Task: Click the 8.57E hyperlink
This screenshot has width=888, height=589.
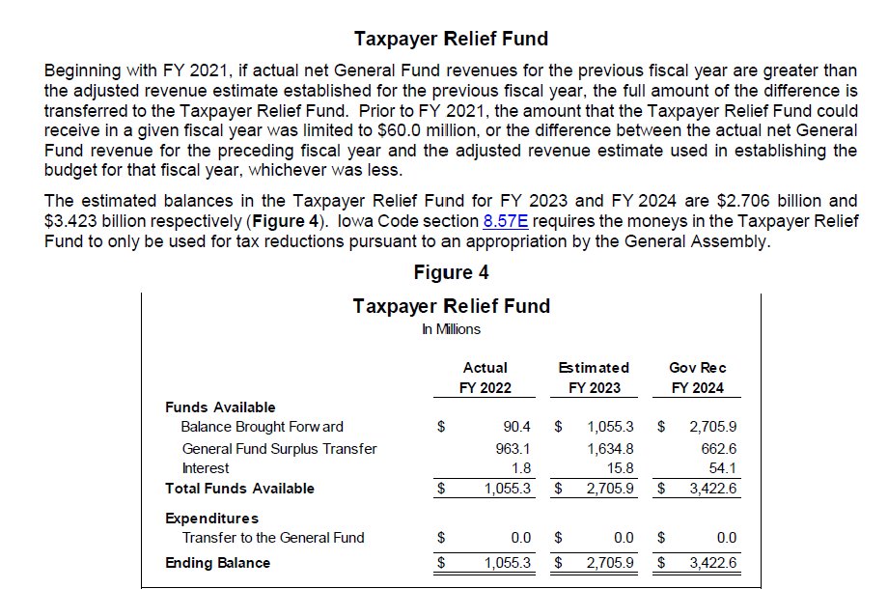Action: [505, 221]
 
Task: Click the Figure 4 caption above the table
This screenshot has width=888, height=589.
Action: [451, 272]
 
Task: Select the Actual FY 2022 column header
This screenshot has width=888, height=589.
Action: [485, 378]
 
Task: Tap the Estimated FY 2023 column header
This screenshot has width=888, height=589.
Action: [594, 378]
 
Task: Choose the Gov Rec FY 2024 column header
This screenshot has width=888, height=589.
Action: [697, 378]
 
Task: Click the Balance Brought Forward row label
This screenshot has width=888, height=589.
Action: [263, 427]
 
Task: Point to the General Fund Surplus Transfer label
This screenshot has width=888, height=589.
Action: [279, 449]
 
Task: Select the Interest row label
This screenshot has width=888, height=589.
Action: [205, 468]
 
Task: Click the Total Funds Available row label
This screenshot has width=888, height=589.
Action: [239, 489]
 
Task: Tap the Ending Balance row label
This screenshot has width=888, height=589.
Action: [217, 563]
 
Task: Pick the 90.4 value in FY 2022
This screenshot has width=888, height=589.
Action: [517, 427]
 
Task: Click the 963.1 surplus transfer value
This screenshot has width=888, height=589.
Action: [513, 449]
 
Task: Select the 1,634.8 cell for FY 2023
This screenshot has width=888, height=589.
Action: [610, 449]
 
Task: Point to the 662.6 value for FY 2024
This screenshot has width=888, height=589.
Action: [719, 449]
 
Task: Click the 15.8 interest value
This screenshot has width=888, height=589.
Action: [620, 468]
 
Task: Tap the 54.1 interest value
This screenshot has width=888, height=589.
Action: [723, 468]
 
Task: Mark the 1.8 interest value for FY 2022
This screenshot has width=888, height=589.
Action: [521, 468]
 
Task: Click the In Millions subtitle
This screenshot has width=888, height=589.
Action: [451, 329]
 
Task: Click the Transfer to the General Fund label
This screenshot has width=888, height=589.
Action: [273, 538]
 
